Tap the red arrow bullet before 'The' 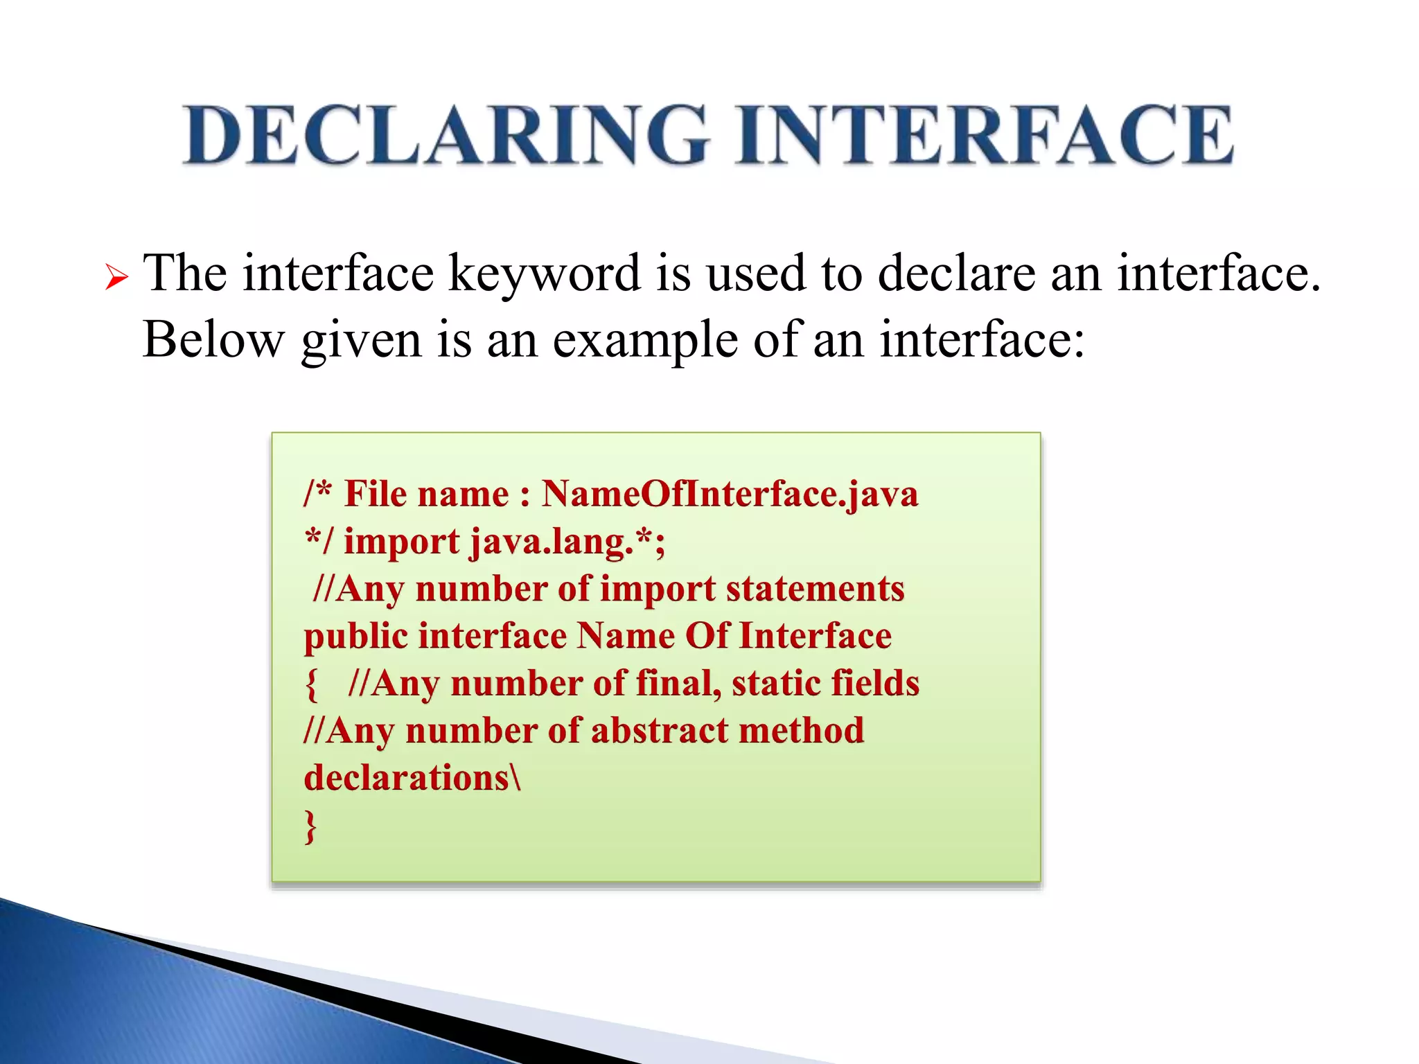click(116, 278)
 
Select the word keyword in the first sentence click(545, 274)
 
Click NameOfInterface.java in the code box click(730, 495)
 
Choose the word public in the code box click(355, 637)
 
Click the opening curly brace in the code click(312, 685)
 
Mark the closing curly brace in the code click(311, 826)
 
